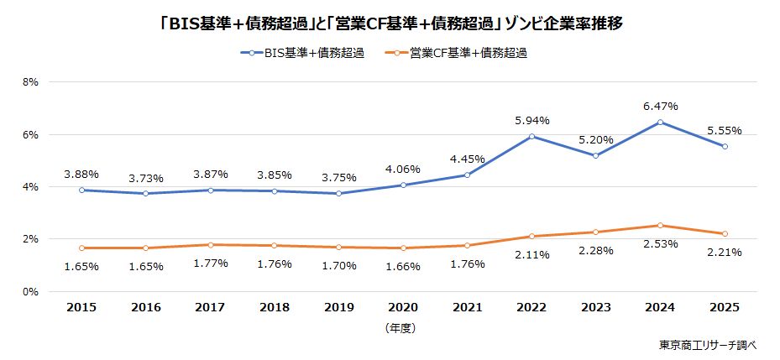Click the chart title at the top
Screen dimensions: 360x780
point(390,24)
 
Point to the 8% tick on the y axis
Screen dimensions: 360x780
point(32,82)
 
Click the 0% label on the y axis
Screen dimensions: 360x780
point(32,292)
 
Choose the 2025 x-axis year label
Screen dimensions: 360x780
point(724,309)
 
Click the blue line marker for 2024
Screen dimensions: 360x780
point(660,123)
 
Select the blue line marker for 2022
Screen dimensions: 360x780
point(531,136)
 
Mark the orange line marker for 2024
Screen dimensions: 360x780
point(660,225)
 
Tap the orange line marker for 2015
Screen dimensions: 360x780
point(81,248)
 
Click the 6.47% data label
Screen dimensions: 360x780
point(660,107)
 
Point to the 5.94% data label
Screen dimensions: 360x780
point(531,121)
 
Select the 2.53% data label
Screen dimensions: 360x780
point(660,244)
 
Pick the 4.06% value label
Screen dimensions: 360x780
point(403,169)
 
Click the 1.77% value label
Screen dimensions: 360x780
point(210,264)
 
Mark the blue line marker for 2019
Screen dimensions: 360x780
point(338,193)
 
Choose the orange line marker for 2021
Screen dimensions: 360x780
point(467,245)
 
